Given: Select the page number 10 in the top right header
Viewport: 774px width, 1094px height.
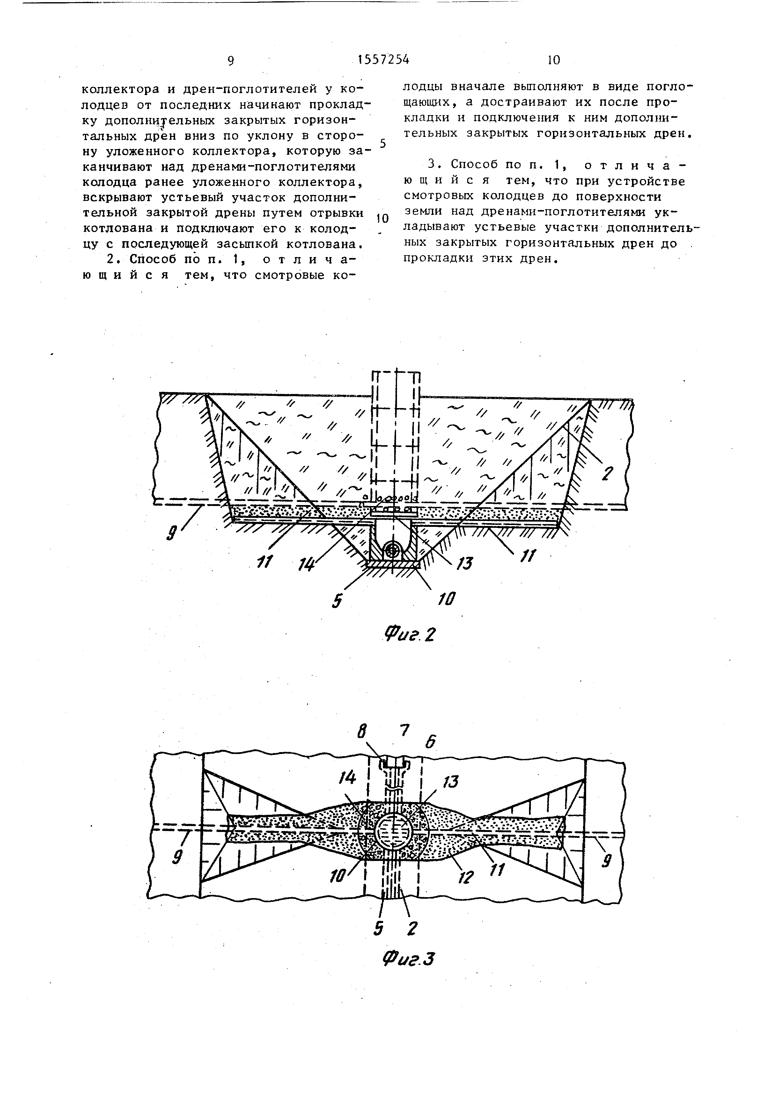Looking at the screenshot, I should (554, 60).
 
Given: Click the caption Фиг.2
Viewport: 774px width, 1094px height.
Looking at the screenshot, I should (411, 635).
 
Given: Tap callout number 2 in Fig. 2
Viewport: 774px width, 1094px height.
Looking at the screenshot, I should (606, 474).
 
